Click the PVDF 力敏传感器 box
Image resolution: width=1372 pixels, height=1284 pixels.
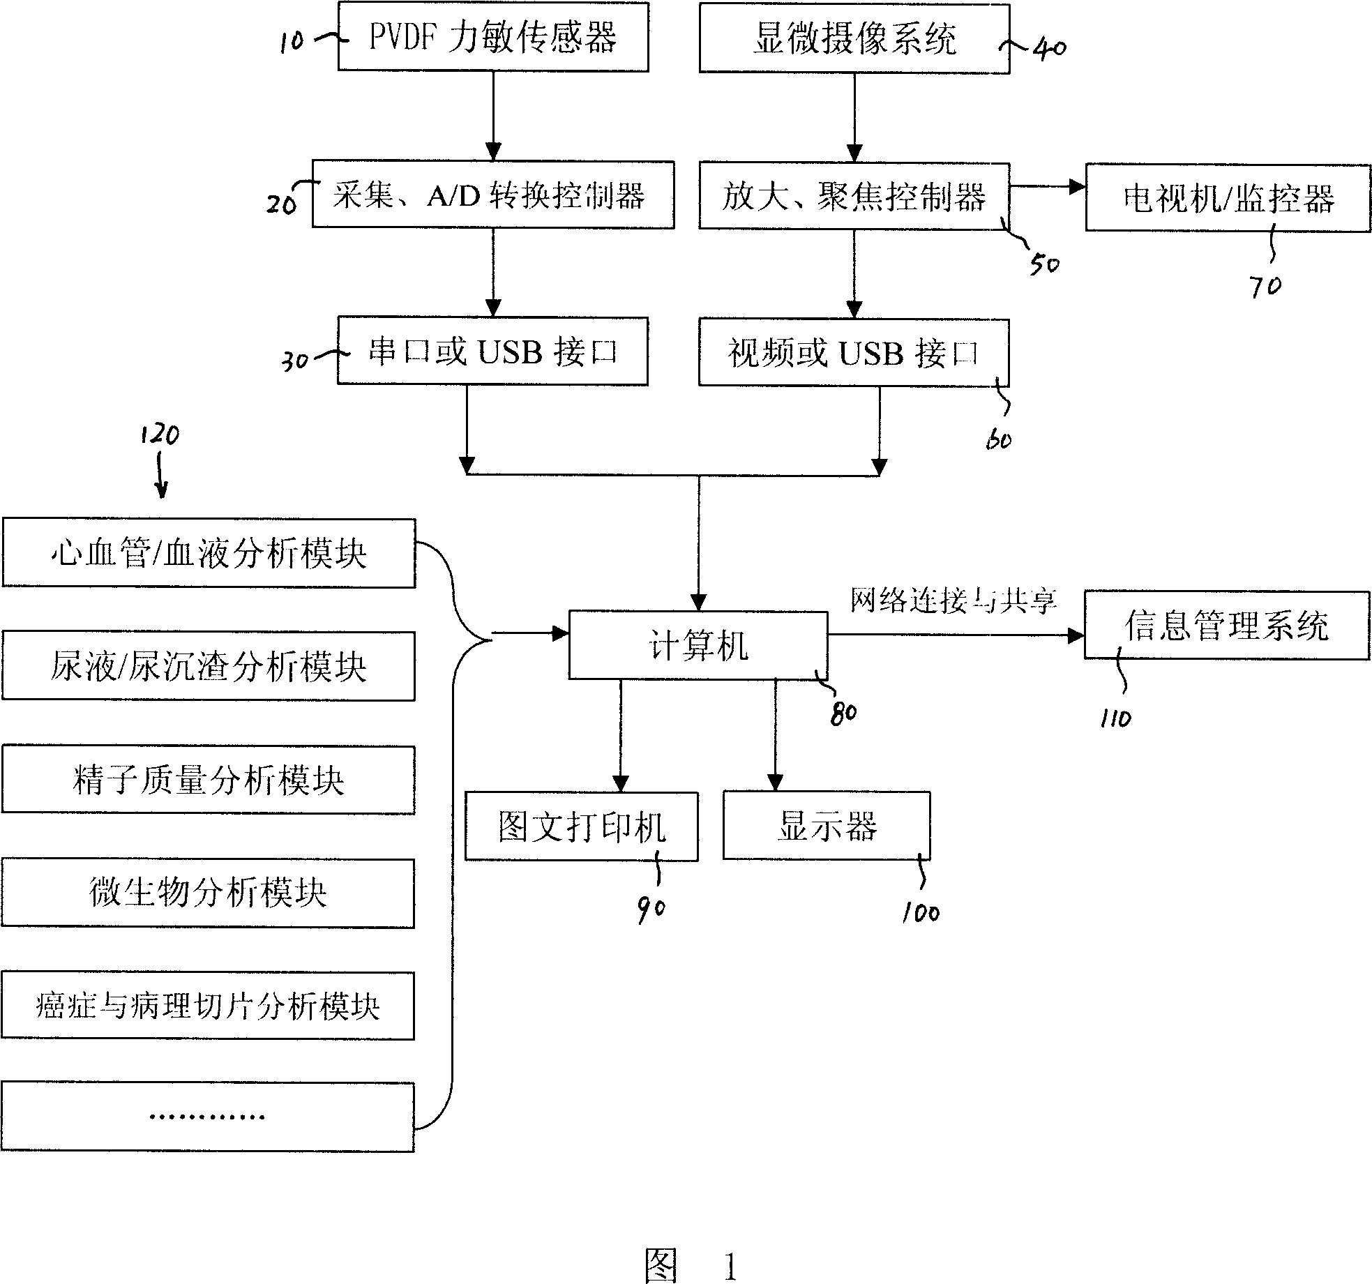(x=493, y=36)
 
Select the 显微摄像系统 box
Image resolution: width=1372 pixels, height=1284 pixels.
(x=854, y=38)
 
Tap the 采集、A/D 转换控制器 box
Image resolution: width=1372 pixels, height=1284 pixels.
(x=493, y=195)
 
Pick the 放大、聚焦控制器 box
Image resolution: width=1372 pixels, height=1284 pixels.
(x=854, y=196)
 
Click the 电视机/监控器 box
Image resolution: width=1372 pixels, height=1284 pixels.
(x=1228, y=198)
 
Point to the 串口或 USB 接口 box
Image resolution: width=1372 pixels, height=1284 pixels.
(x=492, y=351)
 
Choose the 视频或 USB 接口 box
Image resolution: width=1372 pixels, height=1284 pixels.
(x=854, y=353)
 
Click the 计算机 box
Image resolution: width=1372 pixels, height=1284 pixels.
(x=698, y=645)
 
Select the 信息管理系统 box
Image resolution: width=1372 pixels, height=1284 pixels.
(x=1227, y=626)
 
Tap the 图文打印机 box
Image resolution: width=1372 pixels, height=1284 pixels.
(x=582, y=826)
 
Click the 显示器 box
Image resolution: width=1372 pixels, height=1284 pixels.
(x=827, y=826)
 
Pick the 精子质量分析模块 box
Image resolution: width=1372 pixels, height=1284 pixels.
(x=209, y=780)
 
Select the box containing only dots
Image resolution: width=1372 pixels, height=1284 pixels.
(x=208, y=1117)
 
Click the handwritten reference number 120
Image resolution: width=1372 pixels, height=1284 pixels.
(x=160, y=435)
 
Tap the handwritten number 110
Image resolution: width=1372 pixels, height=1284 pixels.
(x=1115, y=718)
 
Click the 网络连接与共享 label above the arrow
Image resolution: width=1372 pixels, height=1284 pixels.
(x=953, y=600)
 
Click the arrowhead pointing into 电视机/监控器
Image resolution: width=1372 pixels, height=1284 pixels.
(x=1078, y=186)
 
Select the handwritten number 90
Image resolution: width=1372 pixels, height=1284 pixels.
(x=651, y=910)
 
